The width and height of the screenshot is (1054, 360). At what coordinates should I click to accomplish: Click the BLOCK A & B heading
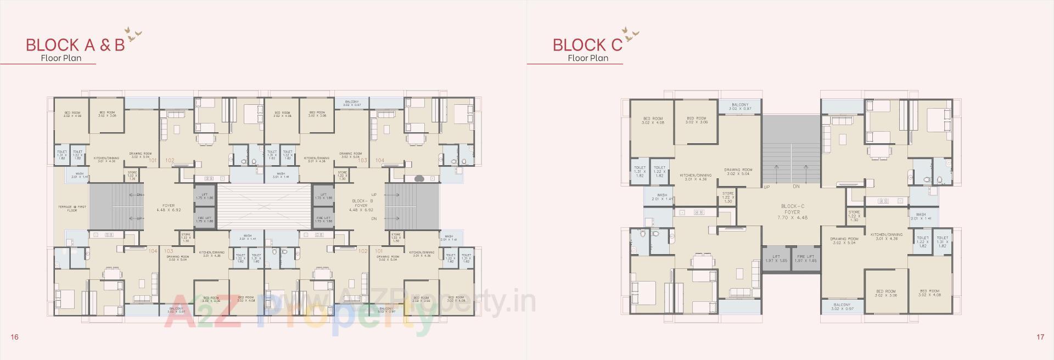[75, 44]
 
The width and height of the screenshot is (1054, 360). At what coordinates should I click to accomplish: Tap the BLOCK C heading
[587, 44]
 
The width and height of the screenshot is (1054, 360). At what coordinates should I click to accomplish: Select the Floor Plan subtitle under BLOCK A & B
[61, 58]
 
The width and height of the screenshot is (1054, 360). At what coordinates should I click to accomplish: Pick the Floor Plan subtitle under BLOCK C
[588, 58]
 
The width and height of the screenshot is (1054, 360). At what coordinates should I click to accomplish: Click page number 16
[14, 337]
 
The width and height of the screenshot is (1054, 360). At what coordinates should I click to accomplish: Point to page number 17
[1040, 337]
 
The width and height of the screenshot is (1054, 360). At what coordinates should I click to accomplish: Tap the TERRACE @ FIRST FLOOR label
[70, 209]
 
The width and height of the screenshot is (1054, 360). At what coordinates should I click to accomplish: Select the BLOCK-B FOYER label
[361, 205]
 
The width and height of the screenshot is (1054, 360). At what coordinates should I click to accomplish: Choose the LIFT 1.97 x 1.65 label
[776, 258]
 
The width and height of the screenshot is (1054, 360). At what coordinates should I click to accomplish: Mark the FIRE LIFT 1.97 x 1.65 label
[805, 258]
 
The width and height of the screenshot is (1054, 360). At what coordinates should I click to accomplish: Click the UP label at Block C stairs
[766, 187]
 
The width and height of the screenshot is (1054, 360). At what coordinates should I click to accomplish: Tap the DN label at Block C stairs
[796, 187]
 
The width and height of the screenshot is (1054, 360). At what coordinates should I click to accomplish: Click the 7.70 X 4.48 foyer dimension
[792, 218]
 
